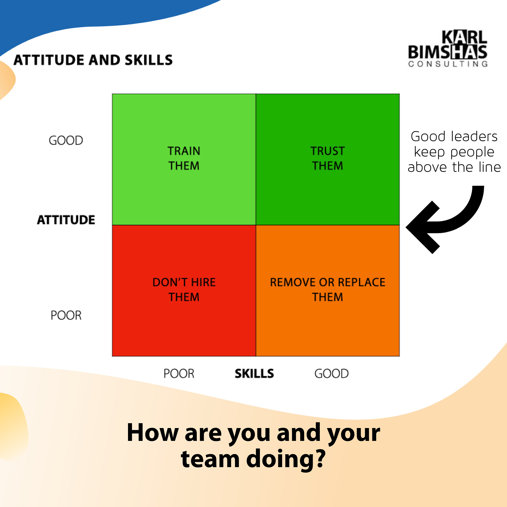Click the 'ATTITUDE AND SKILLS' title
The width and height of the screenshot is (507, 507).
pyautogui.click(x=93, y=60)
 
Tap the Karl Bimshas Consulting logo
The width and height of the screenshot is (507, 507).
pyautogui.click(x=448, y=49)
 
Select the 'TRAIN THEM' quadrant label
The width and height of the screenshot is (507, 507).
pyautogui.click(x=184, y=158)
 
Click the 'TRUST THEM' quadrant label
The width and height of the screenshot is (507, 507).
pyautogui.click(x=328, y=158)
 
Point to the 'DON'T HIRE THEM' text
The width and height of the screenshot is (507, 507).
pyautogui.click(x=184, y=289)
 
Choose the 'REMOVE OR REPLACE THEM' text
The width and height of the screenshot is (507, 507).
pyautogui.click(x=328, y=289)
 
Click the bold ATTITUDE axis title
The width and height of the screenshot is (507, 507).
pyautogui.click(x=66, y=220)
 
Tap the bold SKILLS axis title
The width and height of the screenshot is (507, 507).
pyautogui.click(x=254, y=373)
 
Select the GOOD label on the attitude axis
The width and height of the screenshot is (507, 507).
pyautogui.click(x=66, y=140)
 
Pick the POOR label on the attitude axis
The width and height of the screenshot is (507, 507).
pyautogui.click(x=66, y=315)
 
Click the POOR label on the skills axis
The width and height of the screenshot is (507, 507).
pyautogui.click(x=179, y=373)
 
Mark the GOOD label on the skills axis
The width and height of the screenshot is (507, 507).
pyautogui.click(x=331, y=373)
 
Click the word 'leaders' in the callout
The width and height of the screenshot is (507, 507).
pyautogui.click(x=474, y=136)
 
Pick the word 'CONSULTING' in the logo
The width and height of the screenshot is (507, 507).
pyautogui.click(x=448, y=64)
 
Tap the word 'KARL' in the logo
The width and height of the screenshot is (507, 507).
pyautogui.click(x=464, y=37)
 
